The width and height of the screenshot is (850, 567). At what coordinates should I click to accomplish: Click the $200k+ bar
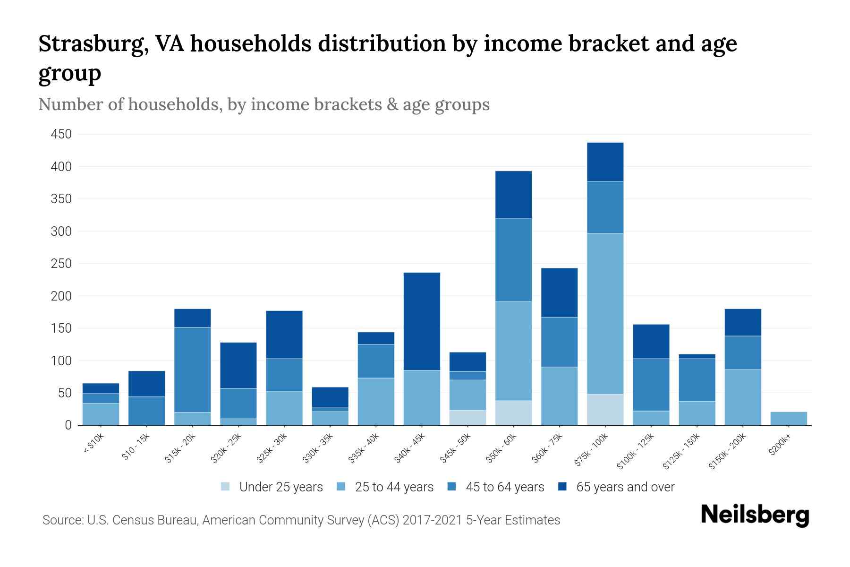click(788, 419)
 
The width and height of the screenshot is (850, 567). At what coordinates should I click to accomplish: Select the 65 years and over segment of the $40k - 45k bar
click(422, 321)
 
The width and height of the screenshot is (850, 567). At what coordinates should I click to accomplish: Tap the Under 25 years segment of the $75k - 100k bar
click(605, 410)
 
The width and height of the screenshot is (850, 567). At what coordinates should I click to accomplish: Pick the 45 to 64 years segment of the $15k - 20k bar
click(193, 369)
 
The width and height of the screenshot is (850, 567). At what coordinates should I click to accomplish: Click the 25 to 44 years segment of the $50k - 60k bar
click(513, 351)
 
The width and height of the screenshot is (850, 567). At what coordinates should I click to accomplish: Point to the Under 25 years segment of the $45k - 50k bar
click(467, 418)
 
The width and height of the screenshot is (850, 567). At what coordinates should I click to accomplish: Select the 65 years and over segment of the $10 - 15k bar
click(147, 384)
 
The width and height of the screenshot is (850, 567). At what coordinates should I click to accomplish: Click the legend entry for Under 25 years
click(281, 487)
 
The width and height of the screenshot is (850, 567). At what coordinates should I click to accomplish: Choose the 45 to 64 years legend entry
click(505, 487)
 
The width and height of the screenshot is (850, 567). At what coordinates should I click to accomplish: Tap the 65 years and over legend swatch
click(562, 487)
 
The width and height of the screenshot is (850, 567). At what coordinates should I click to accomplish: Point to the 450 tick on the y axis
click(61, 134)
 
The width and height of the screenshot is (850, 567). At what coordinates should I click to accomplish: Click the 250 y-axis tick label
click(61, 264)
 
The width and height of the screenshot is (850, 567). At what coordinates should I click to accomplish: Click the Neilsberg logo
click(755, 515)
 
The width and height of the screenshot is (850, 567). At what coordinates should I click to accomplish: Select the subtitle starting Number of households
click(263, 104)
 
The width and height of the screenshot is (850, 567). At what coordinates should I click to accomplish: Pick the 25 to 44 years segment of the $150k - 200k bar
click(742, 397)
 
